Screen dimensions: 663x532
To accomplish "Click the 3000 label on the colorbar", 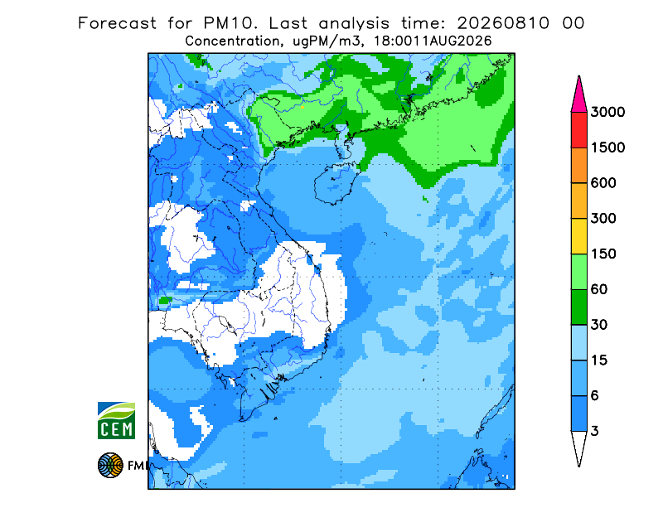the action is pos(607,112).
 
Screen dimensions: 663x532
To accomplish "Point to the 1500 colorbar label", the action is pos(607,148).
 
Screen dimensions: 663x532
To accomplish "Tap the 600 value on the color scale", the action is pos(603,183).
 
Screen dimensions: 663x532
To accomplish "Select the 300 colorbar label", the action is pos(603,219).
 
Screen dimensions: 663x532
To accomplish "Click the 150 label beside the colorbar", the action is pos(603,254).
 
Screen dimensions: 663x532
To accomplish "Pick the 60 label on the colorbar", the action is pos(599,290).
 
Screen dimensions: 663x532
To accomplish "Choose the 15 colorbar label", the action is pos(599,360).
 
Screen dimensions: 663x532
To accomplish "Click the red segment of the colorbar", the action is pos(578,130).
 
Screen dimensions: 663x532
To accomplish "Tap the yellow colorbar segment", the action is pos(578,236).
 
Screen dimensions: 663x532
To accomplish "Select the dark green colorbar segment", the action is pos(578,307).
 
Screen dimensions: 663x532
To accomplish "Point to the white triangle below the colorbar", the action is pos(578,446).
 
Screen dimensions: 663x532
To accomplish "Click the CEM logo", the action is pos(116,420).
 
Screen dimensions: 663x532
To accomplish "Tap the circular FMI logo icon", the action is pos(110,465).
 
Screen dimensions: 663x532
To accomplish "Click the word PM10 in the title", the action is pos(230,23).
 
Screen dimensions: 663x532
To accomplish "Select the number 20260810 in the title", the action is pos(503,23).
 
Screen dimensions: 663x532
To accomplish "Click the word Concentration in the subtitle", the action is pos(232,41).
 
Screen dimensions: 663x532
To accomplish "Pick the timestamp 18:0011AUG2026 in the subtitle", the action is pos(433,41).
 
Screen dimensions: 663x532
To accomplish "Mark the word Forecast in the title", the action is pos(117,23).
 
